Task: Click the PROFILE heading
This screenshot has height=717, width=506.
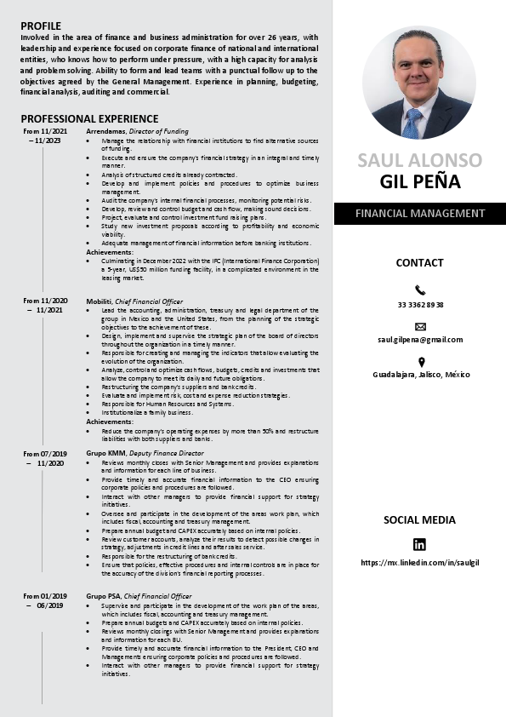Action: click(41, 26)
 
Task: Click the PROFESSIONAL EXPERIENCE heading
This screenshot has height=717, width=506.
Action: click(89, 118)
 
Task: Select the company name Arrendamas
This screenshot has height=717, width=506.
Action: click(106, 131)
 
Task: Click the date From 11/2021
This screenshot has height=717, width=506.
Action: click(45, 131)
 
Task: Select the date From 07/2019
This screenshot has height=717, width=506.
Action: click(45, 454)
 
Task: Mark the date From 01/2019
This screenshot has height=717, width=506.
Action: click(45, 596)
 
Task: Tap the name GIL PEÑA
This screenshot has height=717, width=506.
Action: click(419, 181)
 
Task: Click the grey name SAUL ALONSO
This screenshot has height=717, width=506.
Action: click(419, 160)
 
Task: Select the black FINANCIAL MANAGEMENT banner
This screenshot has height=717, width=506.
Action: click(419, 214)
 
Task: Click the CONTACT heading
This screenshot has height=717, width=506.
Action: click(419, 263)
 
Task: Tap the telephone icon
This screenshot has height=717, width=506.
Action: click(420, 290)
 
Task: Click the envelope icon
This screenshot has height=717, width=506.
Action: click(420, 326)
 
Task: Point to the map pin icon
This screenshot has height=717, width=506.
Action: click(420, 361)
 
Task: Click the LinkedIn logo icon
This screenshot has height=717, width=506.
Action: click(419, 545)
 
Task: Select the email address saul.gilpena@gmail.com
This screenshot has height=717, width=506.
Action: click(420, 340)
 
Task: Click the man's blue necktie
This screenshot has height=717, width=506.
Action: click(412, 122)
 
